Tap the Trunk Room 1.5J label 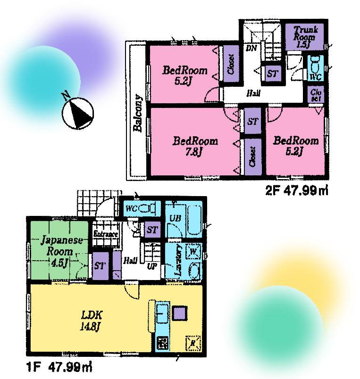[x=300, y=37]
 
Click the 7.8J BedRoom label [x=195, y=146]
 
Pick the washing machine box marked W [x=193, y=251]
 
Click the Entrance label [x=105, y=234]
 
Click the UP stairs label [x=152, y=265]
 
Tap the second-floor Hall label [x=253, y=93]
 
